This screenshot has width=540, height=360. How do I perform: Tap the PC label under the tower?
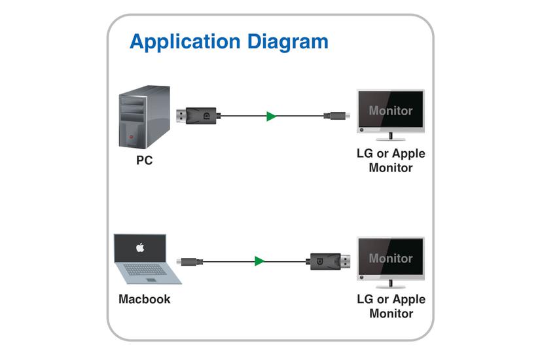pos(144,160)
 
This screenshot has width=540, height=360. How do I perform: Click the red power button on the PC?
pos(132,138)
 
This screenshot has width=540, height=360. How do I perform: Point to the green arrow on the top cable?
pos(271,117)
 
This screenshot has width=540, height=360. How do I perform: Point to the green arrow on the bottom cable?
pos(260,261)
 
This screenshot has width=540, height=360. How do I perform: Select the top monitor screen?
pos(391,111)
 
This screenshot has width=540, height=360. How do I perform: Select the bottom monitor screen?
pos(391,258)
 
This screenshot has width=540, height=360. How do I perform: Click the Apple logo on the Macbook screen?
pos(139,248)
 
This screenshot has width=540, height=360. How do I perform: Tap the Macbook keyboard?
pos(148,269)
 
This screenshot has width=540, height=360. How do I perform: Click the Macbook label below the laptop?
pos(144,299)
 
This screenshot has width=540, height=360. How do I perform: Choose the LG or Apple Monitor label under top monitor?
pos(391,160)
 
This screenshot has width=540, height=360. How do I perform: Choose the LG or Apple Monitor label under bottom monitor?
pos(391,306)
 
